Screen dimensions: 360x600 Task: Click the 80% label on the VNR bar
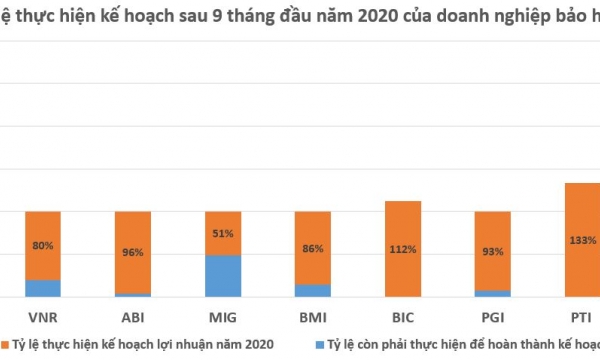click(x=42, y=246)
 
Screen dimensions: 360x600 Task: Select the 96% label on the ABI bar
click(x=132, y=253)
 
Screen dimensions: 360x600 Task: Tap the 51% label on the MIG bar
click(x=222, y=234)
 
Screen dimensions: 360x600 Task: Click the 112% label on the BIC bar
click(x=402, y=250)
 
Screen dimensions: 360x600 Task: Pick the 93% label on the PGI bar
click(x=492, y=252)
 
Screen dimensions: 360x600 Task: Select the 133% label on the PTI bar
click(x=583, y=240)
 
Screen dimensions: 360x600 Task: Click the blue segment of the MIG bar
click(x=222, y=276)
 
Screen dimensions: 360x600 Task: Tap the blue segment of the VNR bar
click(x=42, y=288)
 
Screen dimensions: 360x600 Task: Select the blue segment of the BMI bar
click(x=312, y=291)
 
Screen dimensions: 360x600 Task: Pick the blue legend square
click(x=320, y=344)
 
